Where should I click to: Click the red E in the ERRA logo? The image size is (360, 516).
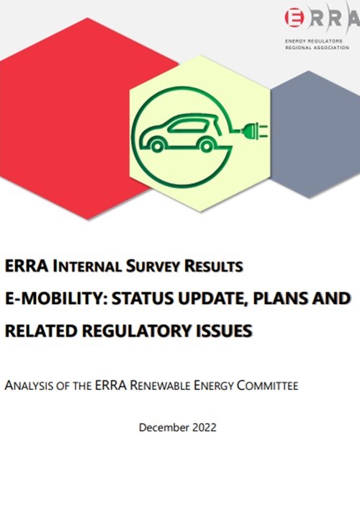pos(294,17)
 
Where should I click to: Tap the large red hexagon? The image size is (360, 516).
pos(76,118)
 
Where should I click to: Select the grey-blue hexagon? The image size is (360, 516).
pos(315,134)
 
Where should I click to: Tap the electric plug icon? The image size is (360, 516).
pos(255,130)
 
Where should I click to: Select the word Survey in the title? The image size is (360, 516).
pos(153,266)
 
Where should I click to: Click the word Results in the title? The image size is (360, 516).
pos(214,266)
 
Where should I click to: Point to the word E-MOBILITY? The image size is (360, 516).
pos(54,298)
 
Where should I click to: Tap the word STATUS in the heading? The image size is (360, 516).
pos(143,298)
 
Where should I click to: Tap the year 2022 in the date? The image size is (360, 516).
pos(204,427)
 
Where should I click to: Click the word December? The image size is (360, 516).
pos(164,427)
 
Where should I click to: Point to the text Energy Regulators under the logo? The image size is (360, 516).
pos(314,41)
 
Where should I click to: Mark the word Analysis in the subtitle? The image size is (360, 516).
pos(30,385)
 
